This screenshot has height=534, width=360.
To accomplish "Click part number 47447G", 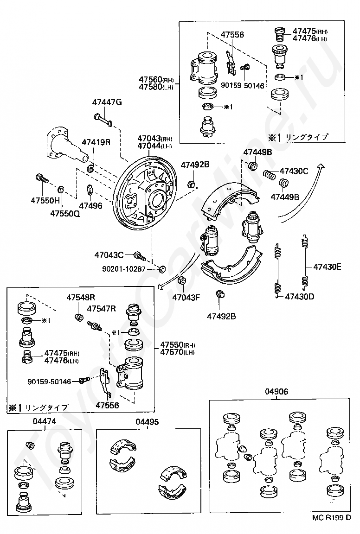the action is tap(107, 102).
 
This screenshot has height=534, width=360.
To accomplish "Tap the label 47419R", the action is tap(96, 142).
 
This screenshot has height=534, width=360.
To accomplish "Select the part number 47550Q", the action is tap(65, 214).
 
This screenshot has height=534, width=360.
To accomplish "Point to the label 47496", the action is tap(90, 206).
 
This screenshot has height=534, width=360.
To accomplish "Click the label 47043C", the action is tap(109, 255).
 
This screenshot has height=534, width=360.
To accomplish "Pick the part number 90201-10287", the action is tap(124, 269).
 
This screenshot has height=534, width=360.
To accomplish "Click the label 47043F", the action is tap(186, 297).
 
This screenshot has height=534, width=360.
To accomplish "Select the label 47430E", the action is tap(327, 267).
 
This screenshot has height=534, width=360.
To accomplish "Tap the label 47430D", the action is tap(300, 296).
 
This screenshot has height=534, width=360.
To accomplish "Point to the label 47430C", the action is tap(294, 171).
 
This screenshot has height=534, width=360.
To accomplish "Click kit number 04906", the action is tap(276, 392).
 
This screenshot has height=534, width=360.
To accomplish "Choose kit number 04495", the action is tap(147, 422).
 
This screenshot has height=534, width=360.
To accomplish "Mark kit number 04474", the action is tap(45, 421).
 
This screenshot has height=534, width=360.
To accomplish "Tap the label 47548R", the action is tap(80, 297).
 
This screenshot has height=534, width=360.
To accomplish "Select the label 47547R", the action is tap(101, 309).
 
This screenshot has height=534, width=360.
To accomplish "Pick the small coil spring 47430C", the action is tap(270, 175).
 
